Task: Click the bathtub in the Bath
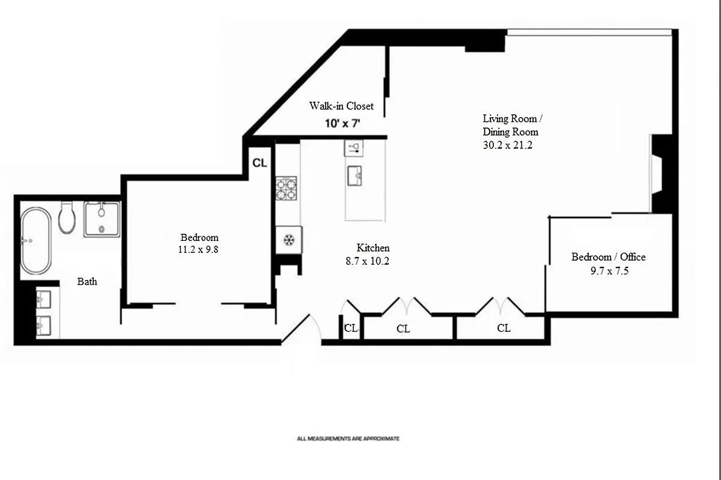coord(35,240)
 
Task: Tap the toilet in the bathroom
coord(67,217)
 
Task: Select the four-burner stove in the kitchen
coord(286,188)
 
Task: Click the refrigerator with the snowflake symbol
coord(289,240)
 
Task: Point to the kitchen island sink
coord(354,176)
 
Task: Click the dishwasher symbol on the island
coord(354,148)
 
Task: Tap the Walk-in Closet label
coord(341,106)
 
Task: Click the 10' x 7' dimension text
coord(342,123)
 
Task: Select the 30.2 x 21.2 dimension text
coord(508,145)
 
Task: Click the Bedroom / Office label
coord(608,257)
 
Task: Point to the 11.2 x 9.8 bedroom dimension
coord(198,249)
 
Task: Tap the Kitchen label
coord(373,248)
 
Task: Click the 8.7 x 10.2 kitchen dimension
coord(367,261)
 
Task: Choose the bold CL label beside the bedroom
coord(260,163)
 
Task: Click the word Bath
coord(87,282)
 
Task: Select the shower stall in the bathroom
coord(102,219)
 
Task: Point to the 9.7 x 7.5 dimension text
coord(609,271)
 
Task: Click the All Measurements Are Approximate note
coord(348,439)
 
